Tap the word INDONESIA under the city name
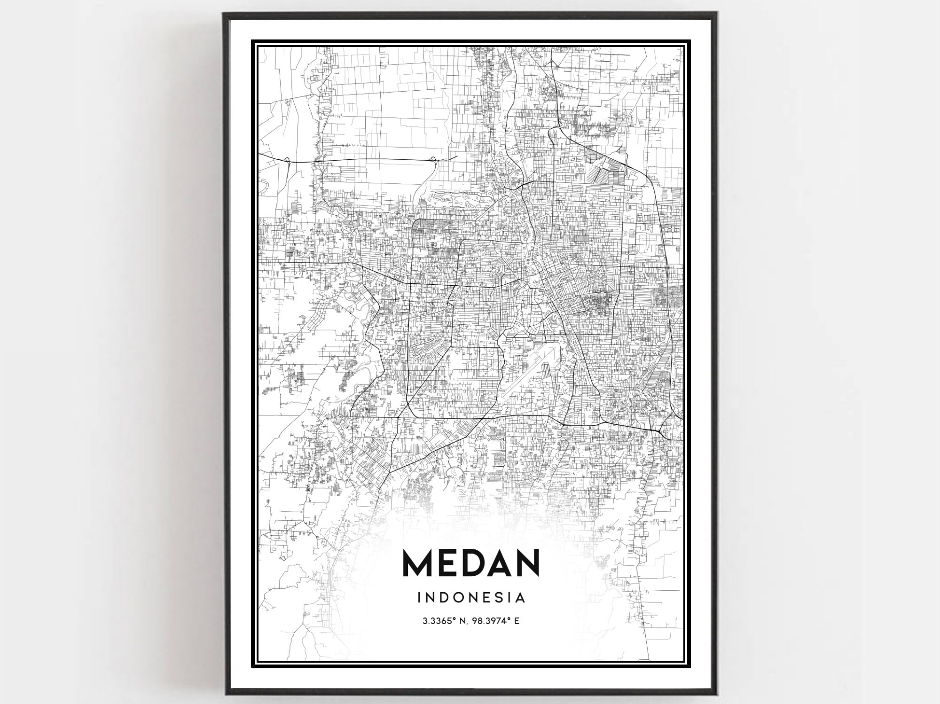pos(471,597)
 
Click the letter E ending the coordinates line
pos(517,621)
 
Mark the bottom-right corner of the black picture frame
pos(717,694)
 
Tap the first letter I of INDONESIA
pos(419,597)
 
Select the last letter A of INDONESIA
pos(520,597)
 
